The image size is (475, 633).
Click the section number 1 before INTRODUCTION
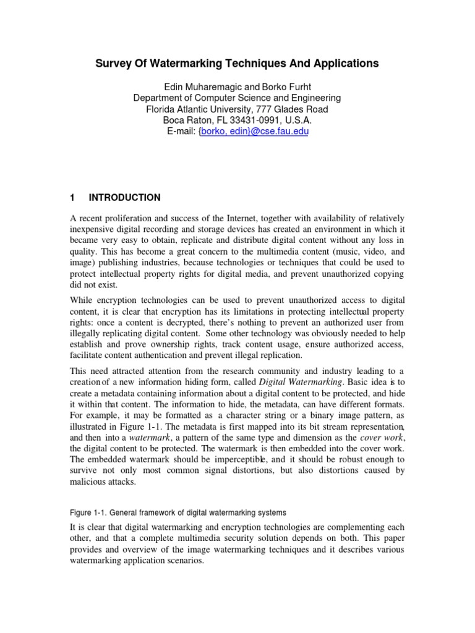pos(72,198)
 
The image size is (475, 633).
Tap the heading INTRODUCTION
pos(124,198)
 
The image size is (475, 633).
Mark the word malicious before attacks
pos(90,482)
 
